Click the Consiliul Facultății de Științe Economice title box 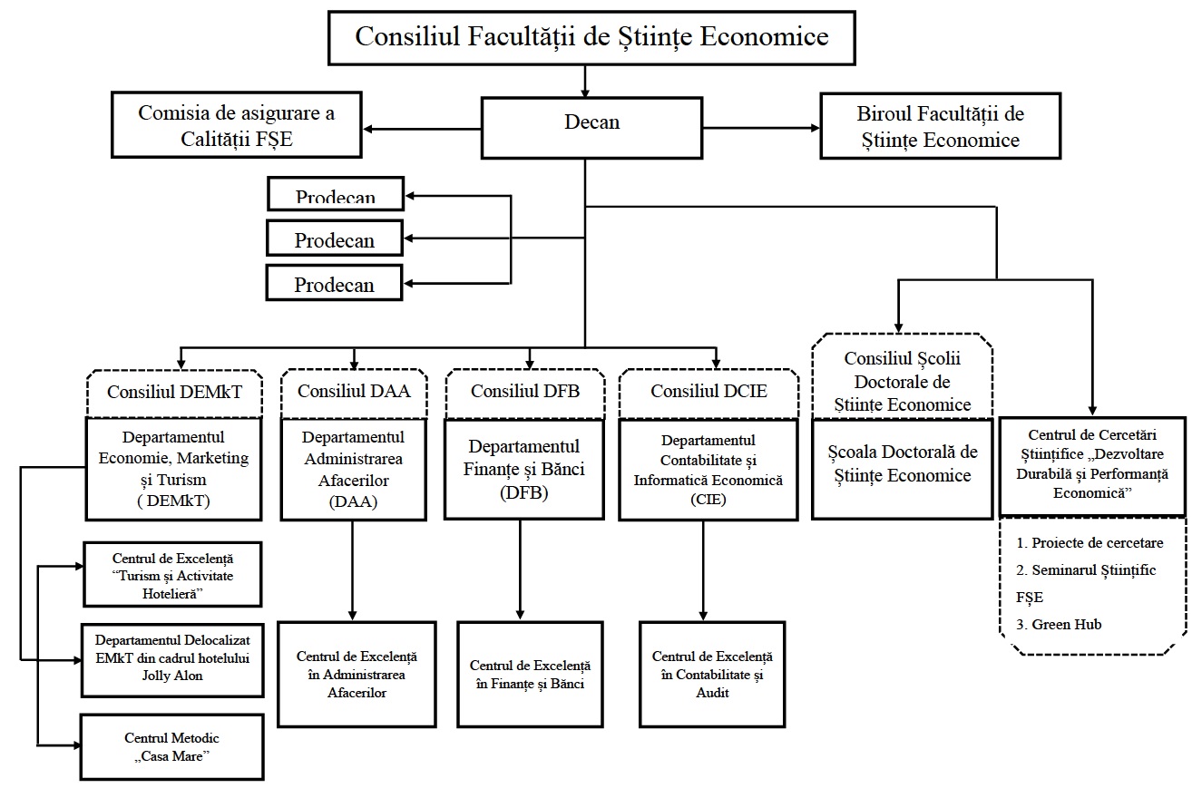(x=591, y=37)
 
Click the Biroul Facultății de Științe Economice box (x=940, y=126)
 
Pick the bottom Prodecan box (x=334, y=283)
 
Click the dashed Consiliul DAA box (x=353, y=392)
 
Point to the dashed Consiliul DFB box (x=524, y=392)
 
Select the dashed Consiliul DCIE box (x=708, y=392)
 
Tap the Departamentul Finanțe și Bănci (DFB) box (x=525, y=470)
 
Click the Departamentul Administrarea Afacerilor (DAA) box (x=352, y=469)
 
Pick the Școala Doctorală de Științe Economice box (x=902, y=468)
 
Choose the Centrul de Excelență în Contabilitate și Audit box (x=712, y=674)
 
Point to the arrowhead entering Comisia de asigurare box (x=370, y=128)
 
